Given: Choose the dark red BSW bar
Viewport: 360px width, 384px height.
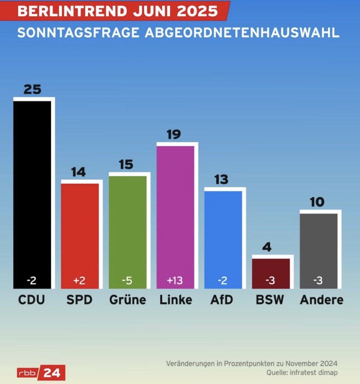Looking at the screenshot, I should coord(271,267).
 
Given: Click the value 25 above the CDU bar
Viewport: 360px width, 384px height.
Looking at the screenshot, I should coord(32,89).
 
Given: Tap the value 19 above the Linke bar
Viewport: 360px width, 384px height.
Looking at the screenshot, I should coord(174,134).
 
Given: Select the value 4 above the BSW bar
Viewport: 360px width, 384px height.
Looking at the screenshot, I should coord(267,247).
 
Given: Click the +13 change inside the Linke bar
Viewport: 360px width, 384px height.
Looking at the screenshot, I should coord(175,281).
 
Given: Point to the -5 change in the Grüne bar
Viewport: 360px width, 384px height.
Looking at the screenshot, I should coord(127,281).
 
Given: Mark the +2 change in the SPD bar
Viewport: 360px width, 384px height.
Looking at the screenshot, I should coord(79,281).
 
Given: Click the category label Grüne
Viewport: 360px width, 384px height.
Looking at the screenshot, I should coord(128,300).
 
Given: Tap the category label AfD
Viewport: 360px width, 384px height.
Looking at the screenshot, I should coord(222,300).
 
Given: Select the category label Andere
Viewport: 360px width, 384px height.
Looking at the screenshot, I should coord(322,300).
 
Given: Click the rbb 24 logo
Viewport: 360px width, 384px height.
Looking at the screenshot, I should coord(41,373).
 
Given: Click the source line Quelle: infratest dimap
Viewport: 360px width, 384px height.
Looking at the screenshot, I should coord(302,372).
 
